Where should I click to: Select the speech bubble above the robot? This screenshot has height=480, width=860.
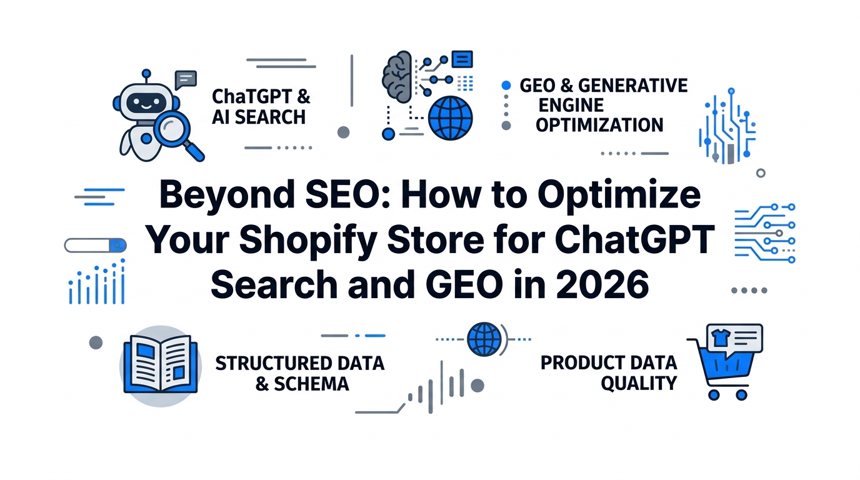186,80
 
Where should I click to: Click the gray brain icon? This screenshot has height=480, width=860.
397,77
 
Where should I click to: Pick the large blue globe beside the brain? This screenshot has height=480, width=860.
451,118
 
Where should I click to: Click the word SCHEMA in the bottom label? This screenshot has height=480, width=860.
311,384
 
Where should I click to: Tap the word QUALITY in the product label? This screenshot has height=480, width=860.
639,383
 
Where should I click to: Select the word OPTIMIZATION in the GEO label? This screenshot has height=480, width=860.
599,125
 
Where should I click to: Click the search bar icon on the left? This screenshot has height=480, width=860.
95,246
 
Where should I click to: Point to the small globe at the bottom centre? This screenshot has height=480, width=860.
484,339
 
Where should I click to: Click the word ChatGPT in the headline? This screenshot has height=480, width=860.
634,239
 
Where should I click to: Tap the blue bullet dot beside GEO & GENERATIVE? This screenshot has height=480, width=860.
506,85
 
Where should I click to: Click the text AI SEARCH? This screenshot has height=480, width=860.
259,117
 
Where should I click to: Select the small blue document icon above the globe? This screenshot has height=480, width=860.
462,59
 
